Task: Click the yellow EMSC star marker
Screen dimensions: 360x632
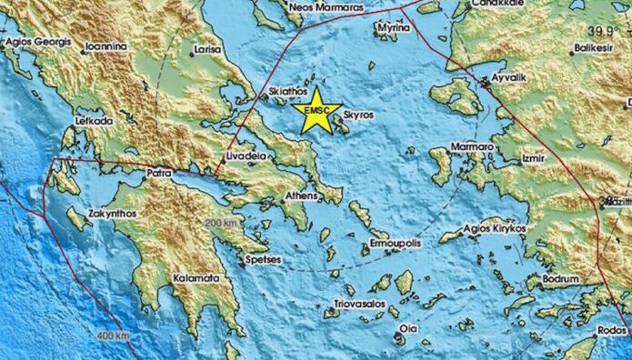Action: (x=317, y=111)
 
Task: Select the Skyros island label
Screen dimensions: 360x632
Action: (x=358, y=115)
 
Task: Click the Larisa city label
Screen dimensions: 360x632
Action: (x=209, y=51)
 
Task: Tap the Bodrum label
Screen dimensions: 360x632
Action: (x=559, y=278)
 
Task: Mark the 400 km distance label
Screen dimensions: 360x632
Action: (x=115, y=337)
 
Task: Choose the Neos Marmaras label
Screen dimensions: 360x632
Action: (x=326, y=7)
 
